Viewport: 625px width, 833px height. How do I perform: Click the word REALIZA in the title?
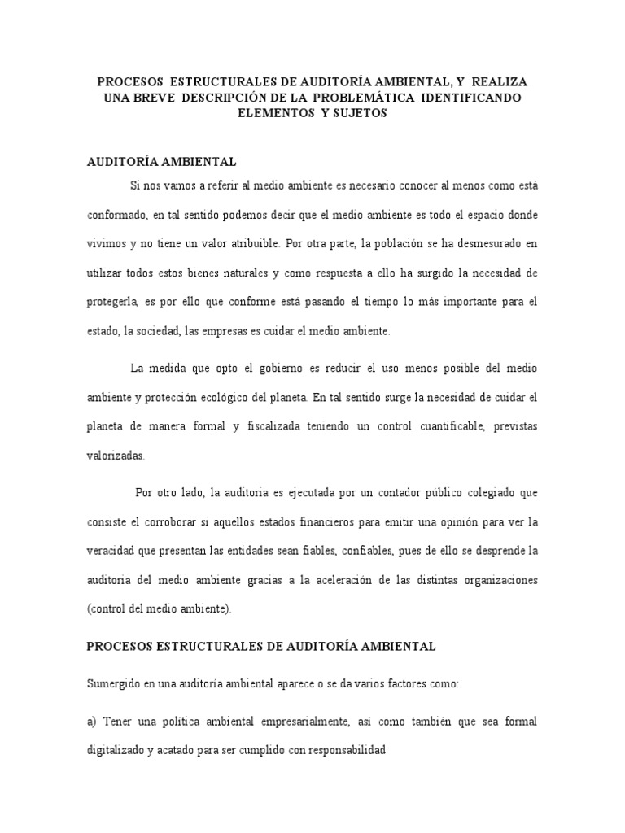[x=499, y=83]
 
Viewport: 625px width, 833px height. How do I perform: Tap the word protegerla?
[x=111, y=301]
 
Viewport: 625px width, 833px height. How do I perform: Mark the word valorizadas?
[x=116, y=456]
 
